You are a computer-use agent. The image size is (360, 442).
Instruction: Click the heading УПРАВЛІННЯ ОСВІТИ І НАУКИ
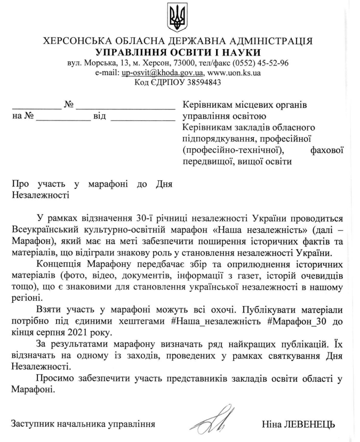pyautogui.click(x=178, y=52)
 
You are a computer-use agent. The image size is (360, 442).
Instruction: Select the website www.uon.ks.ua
pyautogui.click(x=234, y=73)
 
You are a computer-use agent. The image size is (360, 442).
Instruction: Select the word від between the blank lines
pyautogui.click(x=100, y=115)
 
